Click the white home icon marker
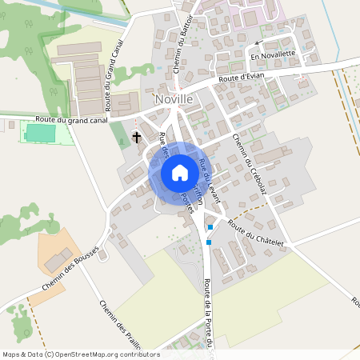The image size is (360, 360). click(x=179, y=173)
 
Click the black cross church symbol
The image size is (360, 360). click(x=136, y=138)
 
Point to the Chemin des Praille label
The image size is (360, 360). click(x=120, y=326)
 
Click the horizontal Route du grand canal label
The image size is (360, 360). click(x=61, y=120)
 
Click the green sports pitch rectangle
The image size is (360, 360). click(x=41, y=133)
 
